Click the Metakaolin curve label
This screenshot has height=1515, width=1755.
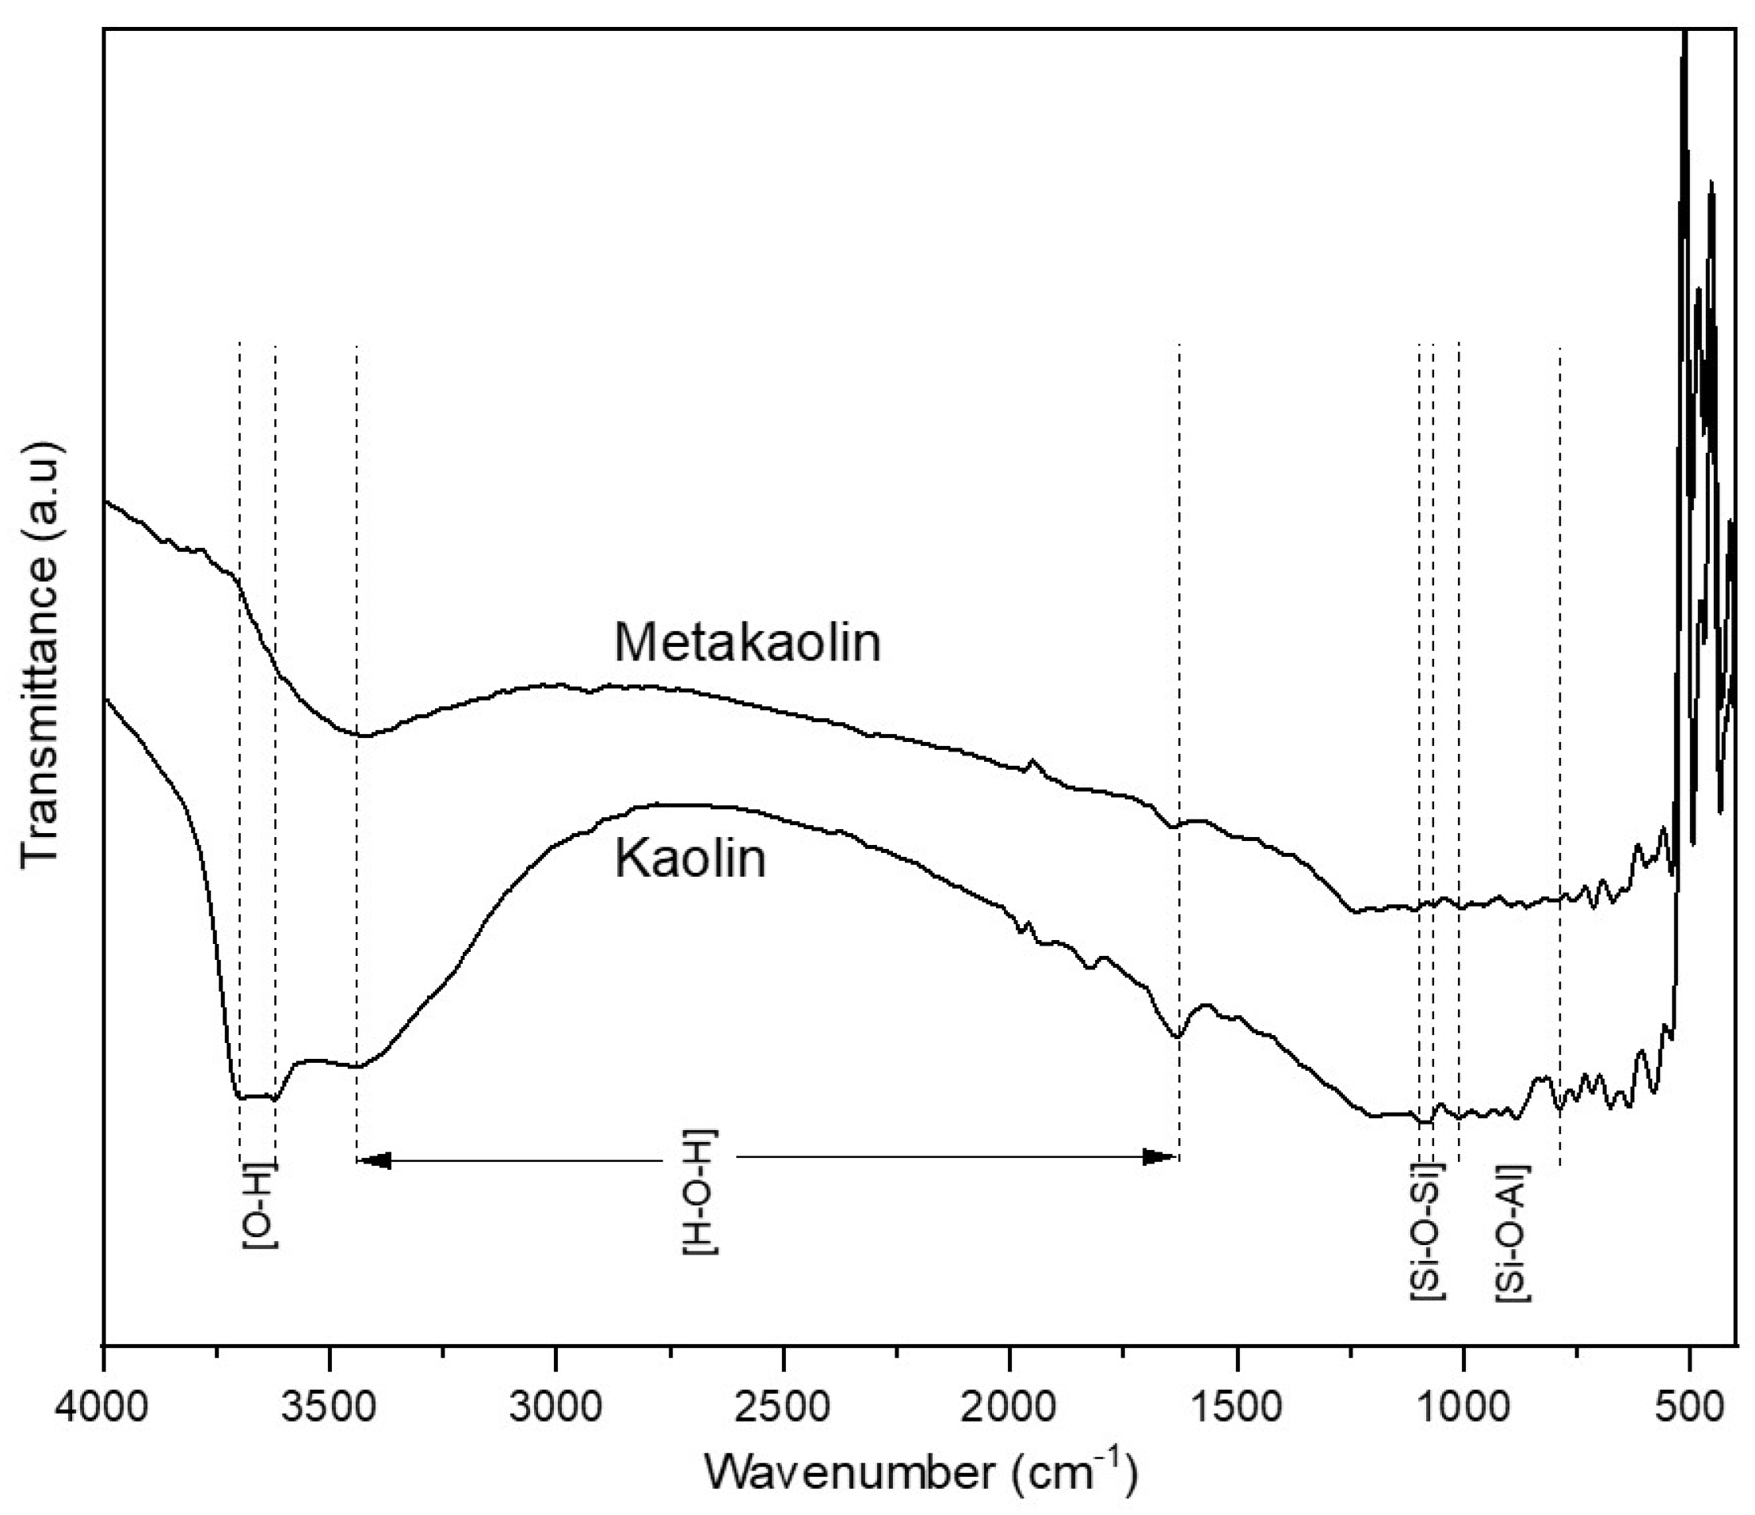(x=748, y=643)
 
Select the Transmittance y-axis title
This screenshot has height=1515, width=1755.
(x=40, y=651)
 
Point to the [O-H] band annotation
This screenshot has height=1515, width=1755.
(x=260, y=1207)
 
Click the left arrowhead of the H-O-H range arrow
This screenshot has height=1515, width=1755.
(x=372, y=1159)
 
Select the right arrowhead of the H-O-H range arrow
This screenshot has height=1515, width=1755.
(x=1162, y=1158)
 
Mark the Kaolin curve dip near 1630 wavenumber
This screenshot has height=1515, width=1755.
(x=1176, y=1036)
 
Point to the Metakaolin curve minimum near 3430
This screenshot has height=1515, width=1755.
(x=361, y=735)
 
